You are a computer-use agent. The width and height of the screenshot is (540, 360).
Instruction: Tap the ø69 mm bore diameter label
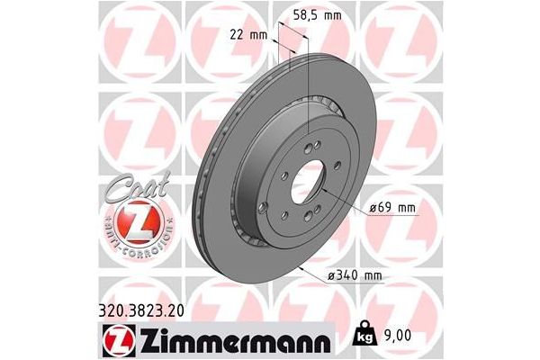point(393,208)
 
